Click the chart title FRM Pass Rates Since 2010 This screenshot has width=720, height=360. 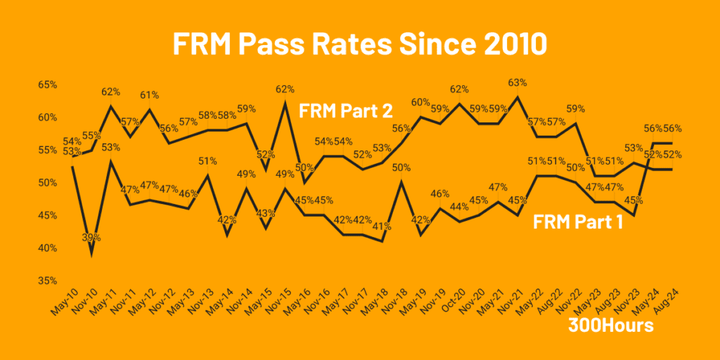pyautogui.click(x=359, y=44)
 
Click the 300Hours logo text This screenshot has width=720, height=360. pyautogui.click(x=610, y=326)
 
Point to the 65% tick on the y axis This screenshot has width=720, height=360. pyautogui.click(x=47, y=84)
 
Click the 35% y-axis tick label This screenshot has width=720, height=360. pyautogui.click(x=47, y=281)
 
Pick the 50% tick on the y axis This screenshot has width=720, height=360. pyautogui.click(x=47, y=183)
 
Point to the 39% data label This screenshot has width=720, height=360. pyautogui.click(x=91, y=238)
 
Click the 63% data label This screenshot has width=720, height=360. pyautogui.click(x=517, y=82)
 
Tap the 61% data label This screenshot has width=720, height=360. pyautogui.click(x=149, y=95)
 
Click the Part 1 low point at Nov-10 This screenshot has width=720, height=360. pyautogui.click(x=91, y=255)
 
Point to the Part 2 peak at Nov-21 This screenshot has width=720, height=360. pyautogui.click(x=518, y=97)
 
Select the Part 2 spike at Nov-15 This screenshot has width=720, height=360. pyautogui.click(x=285, y=103)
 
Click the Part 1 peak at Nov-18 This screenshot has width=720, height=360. pyautogui.click(x=400, y=182)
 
